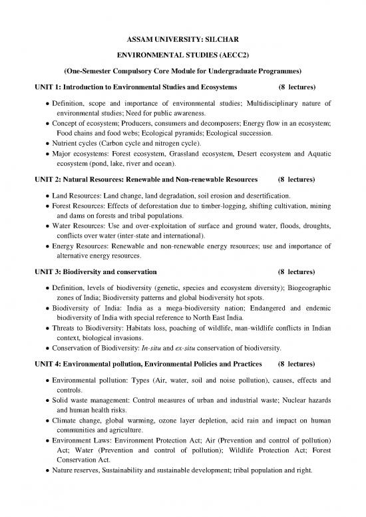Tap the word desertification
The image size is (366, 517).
pyautogui.click(x=264, y=196)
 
